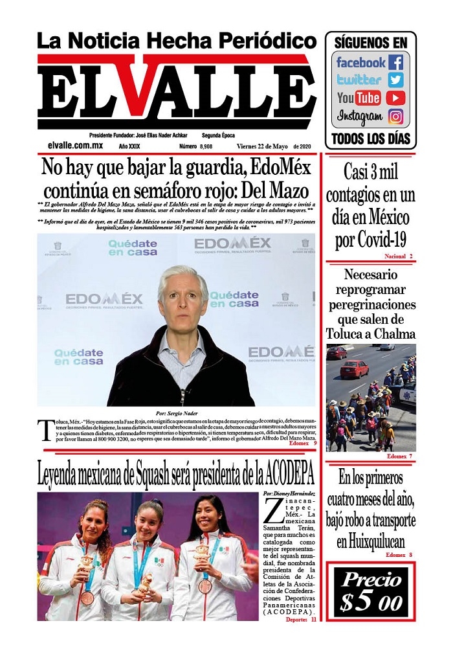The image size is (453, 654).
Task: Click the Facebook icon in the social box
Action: [x=395, y=63]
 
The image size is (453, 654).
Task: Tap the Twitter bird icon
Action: [x=395, y=80]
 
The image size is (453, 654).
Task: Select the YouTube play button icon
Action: [x=395, y=98]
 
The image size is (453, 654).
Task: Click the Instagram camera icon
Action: [x=395, y=117]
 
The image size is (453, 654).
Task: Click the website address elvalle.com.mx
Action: [x=75, y=146]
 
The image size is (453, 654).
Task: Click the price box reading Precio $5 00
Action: [x=371, y=592]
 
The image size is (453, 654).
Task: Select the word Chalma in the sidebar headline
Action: [x=394, y=334]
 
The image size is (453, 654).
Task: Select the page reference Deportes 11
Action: [x=301, y=620]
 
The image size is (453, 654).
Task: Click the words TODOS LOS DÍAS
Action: [x=371, y=138]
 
